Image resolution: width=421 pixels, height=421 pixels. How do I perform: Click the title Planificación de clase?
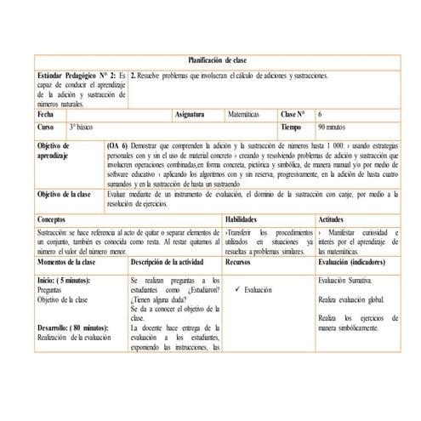pos(216,61)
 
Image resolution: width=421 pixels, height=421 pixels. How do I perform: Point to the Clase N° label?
pos(293,113)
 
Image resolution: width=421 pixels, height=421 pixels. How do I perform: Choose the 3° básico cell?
pos(84,126)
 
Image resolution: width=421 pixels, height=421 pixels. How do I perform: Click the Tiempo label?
pos(292,126)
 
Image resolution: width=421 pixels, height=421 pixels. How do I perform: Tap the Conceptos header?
pos(55,220)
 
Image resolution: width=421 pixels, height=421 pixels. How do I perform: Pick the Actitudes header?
pos(333,220)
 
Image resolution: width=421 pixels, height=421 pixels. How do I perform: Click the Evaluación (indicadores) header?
pos(355,265)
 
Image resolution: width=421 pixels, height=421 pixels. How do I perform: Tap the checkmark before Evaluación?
pos(234,291)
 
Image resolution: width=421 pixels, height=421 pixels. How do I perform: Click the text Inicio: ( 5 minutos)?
pos(71,280)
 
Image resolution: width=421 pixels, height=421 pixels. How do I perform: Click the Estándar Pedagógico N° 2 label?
pos(77,76)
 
